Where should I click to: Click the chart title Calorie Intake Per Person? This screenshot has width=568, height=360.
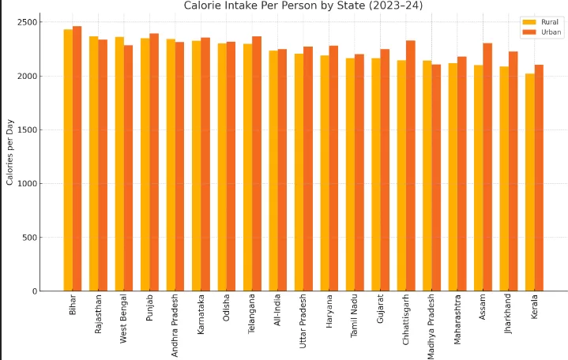coord(303,6)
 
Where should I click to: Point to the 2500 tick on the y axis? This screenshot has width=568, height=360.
coord(27,22)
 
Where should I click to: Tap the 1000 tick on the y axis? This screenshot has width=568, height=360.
coord(27,184)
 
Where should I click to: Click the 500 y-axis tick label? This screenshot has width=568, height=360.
coord(29,238)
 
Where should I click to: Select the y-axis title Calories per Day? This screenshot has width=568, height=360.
coord(10,156)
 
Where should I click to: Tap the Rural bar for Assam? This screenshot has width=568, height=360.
coord(479,178)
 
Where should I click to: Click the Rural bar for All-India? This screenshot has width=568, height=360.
coord(273,171)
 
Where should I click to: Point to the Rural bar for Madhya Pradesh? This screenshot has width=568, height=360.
coord(427,175)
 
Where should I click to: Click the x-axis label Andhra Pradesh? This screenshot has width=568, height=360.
coord(175,325)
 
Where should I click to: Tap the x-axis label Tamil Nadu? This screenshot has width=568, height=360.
coord(354,317)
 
